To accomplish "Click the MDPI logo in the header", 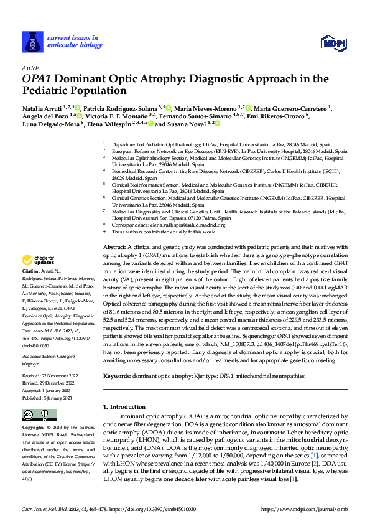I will click(334, 42).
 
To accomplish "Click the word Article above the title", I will click(30, 67).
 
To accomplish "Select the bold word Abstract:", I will click(116, 265).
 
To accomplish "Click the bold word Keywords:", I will click(118, 377).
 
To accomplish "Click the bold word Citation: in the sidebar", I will click(31, 289).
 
